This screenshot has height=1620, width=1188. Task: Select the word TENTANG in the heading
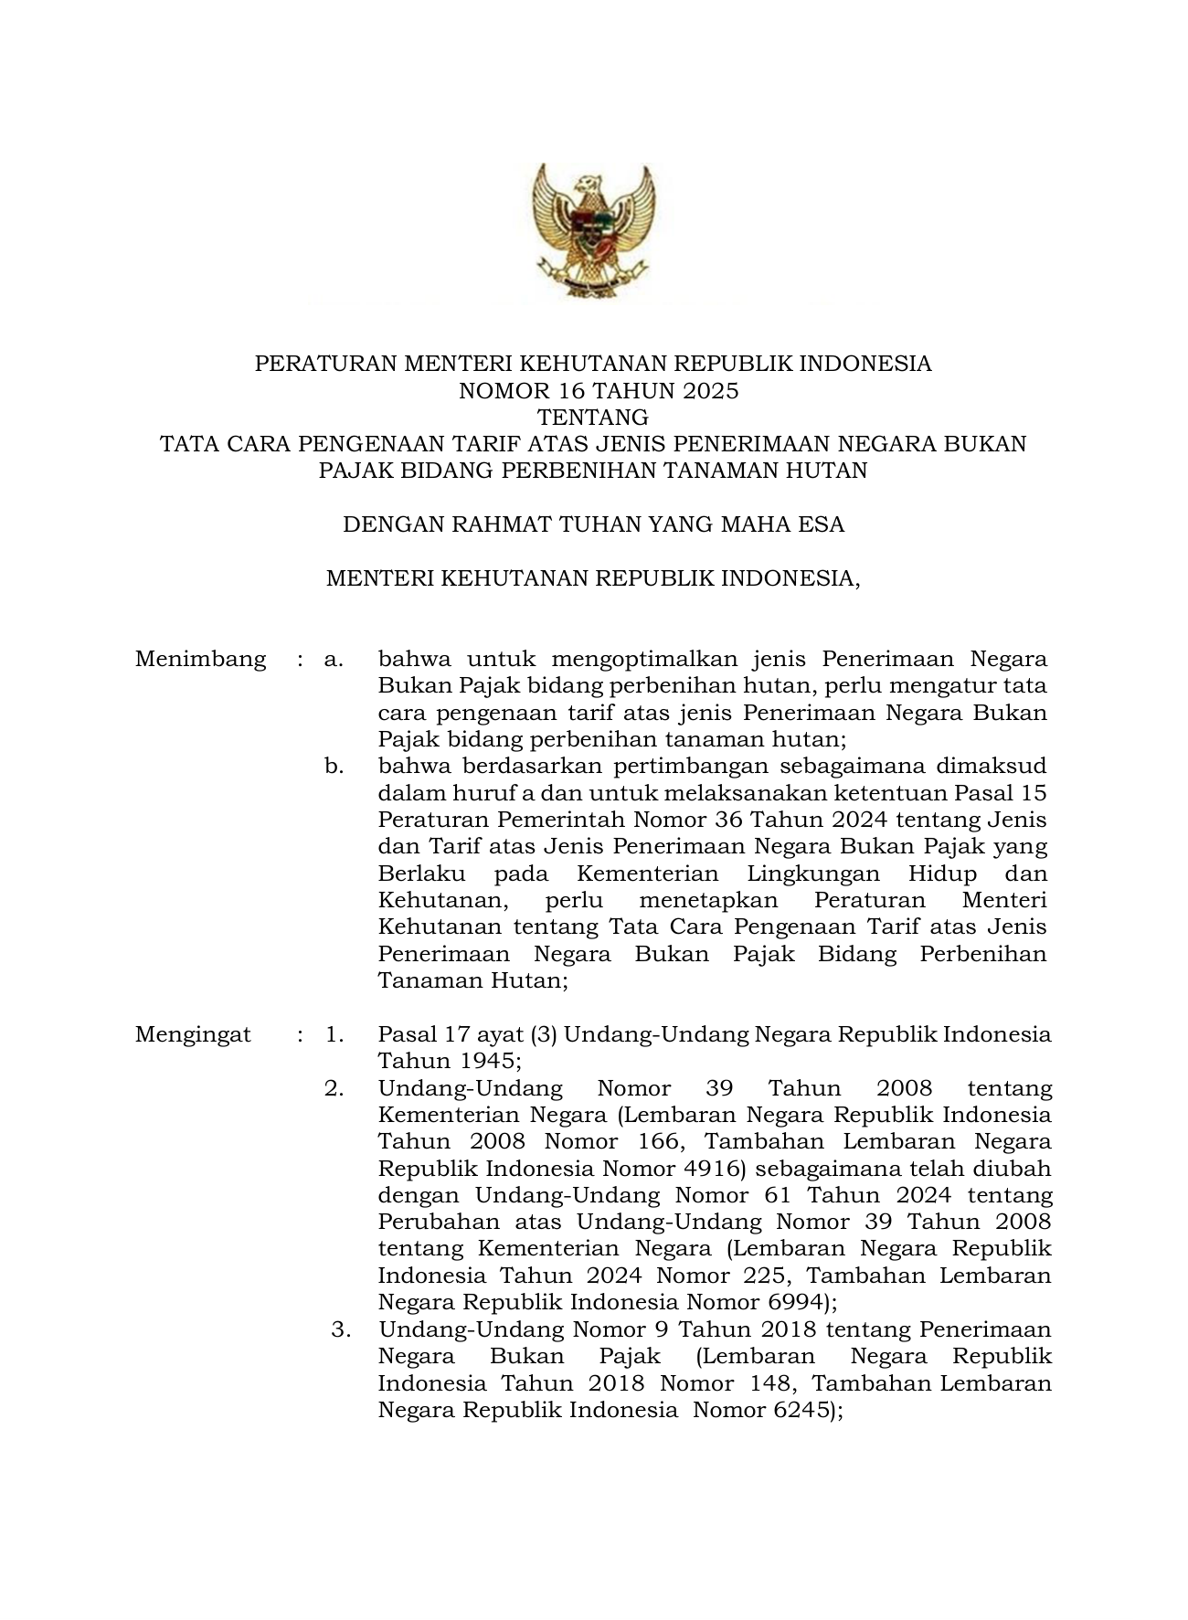594,418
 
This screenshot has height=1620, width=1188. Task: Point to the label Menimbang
200,659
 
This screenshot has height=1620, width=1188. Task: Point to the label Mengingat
193,1034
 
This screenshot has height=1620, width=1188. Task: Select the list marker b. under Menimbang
334,766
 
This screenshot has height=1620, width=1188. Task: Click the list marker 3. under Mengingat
341,1329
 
